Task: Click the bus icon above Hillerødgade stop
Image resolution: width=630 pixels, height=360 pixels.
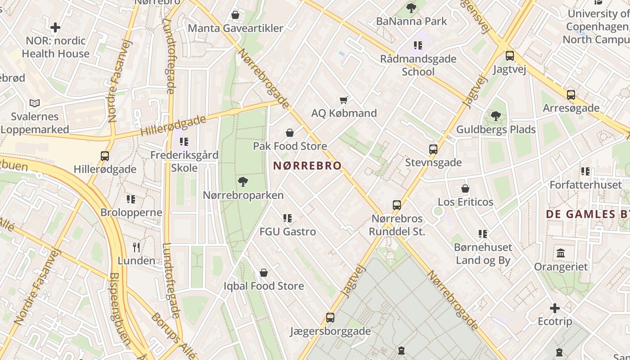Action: (x=105, y=156)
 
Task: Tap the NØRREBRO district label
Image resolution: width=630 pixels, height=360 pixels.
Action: (x=307, y=166)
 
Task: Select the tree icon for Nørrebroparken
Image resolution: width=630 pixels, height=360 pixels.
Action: (x=243, y=182)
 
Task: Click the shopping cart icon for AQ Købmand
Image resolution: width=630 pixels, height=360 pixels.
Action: (x=344, y=100)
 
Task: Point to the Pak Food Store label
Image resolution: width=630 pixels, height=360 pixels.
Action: (x=290, y=146)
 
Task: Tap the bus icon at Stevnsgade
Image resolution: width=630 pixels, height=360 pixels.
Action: (x=433, y=149)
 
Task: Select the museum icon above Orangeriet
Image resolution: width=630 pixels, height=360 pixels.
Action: (x=561, y=253)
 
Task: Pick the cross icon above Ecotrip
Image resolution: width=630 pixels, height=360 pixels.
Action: (x=555, y=308)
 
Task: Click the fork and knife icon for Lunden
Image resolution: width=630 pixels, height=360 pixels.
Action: (x=136, y=247)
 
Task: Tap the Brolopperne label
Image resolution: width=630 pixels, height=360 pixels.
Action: (x=131, y=212)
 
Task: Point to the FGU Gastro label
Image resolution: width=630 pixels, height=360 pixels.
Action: (x=288, y=232)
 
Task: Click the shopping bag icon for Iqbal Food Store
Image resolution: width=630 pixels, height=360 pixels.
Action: (x=264, y=273)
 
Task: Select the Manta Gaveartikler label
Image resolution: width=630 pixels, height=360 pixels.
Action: (x=235, y=28)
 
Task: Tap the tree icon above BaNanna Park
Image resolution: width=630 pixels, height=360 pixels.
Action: (x=411, y=8)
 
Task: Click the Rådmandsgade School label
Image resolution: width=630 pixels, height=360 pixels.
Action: (x=418, y=65)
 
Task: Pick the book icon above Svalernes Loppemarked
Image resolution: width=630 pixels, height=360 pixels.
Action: (x=35, y=103)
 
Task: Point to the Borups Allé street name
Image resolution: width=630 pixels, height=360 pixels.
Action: (x=174, y=335)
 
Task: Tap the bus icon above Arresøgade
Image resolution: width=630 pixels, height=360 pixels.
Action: (x=571, y=95)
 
